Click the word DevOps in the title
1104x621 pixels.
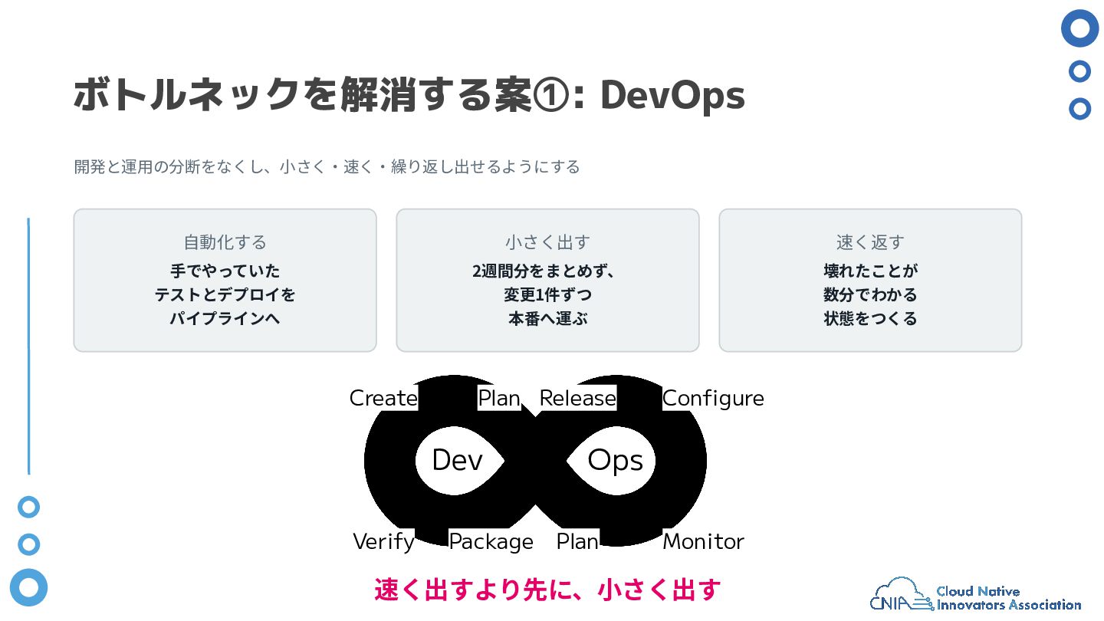(x=672, y=95)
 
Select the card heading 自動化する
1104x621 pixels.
(x=225, y=242)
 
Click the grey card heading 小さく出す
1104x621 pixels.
(x=547, y=242)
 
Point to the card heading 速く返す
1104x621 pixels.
(x=870, y=242)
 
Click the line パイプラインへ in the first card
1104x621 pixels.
(x=225, y=318)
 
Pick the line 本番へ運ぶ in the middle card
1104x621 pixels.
(x=547, y=318)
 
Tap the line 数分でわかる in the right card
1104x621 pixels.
(x=870, y=294)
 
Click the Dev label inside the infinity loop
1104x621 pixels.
(x=458, y=460)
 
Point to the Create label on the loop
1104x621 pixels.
(x=383, y=398)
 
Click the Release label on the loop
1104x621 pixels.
(x=577, y=398)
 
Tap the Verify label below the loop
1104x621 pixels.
(x=384, y=542)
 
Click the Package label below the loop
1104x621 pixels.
(x=491, y=542)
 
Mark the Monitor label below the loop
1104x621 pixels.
(x=703, y=541)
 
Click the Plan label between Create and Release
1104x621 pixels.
(x=499, y=398)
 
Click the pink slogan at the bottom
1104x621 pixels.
(x=547, y=590)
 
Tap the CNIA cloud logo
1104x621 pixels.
(x=899, y=595)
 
